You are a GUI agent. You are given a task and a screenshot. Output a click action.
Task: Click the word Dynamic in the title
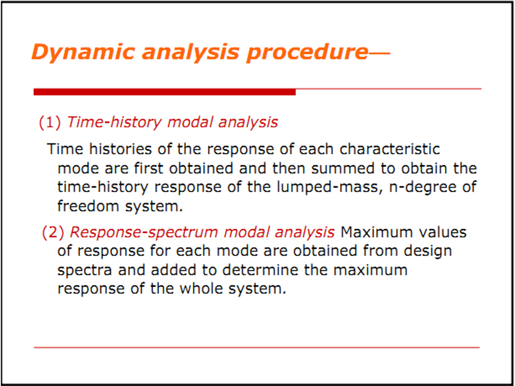83,52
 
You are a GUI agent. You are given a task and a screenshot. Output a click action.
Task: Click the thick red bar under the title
164,92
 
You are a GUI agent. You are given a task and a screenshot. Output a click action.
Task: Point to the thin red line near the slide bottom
257,347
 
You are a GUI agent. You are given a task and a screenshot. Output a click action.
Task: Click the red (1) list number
50,122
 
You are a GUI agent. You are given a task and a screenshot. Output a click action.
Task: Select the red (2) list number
53,232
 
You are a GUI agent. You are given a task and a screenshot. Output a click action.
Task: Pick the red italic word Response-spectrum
144,232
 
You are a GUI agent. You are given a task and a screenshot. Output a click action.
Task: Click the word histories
121,149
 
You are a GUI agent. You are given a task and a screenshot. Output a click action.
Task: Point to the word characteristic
390,149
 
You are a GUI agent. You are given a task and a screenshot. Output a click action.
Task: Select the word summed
343,168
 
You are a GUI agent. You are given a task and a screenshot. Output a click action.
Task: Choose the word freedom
88,206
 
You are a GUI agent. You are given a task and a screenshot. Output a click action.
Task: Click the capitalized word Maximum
376,232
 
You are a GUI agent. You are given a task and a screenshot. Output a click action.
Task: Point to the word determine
260,270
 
